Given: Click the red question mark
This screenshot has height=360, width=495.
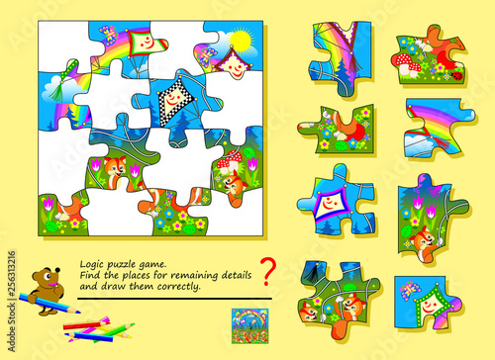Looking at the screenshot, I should [265, 270].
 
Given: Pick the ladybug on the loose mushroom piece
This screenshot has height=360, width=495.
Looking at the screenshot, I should [456, 74].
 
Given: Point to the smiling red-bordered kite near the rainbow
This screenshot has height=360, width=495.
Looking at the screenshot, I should [144, 44].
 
